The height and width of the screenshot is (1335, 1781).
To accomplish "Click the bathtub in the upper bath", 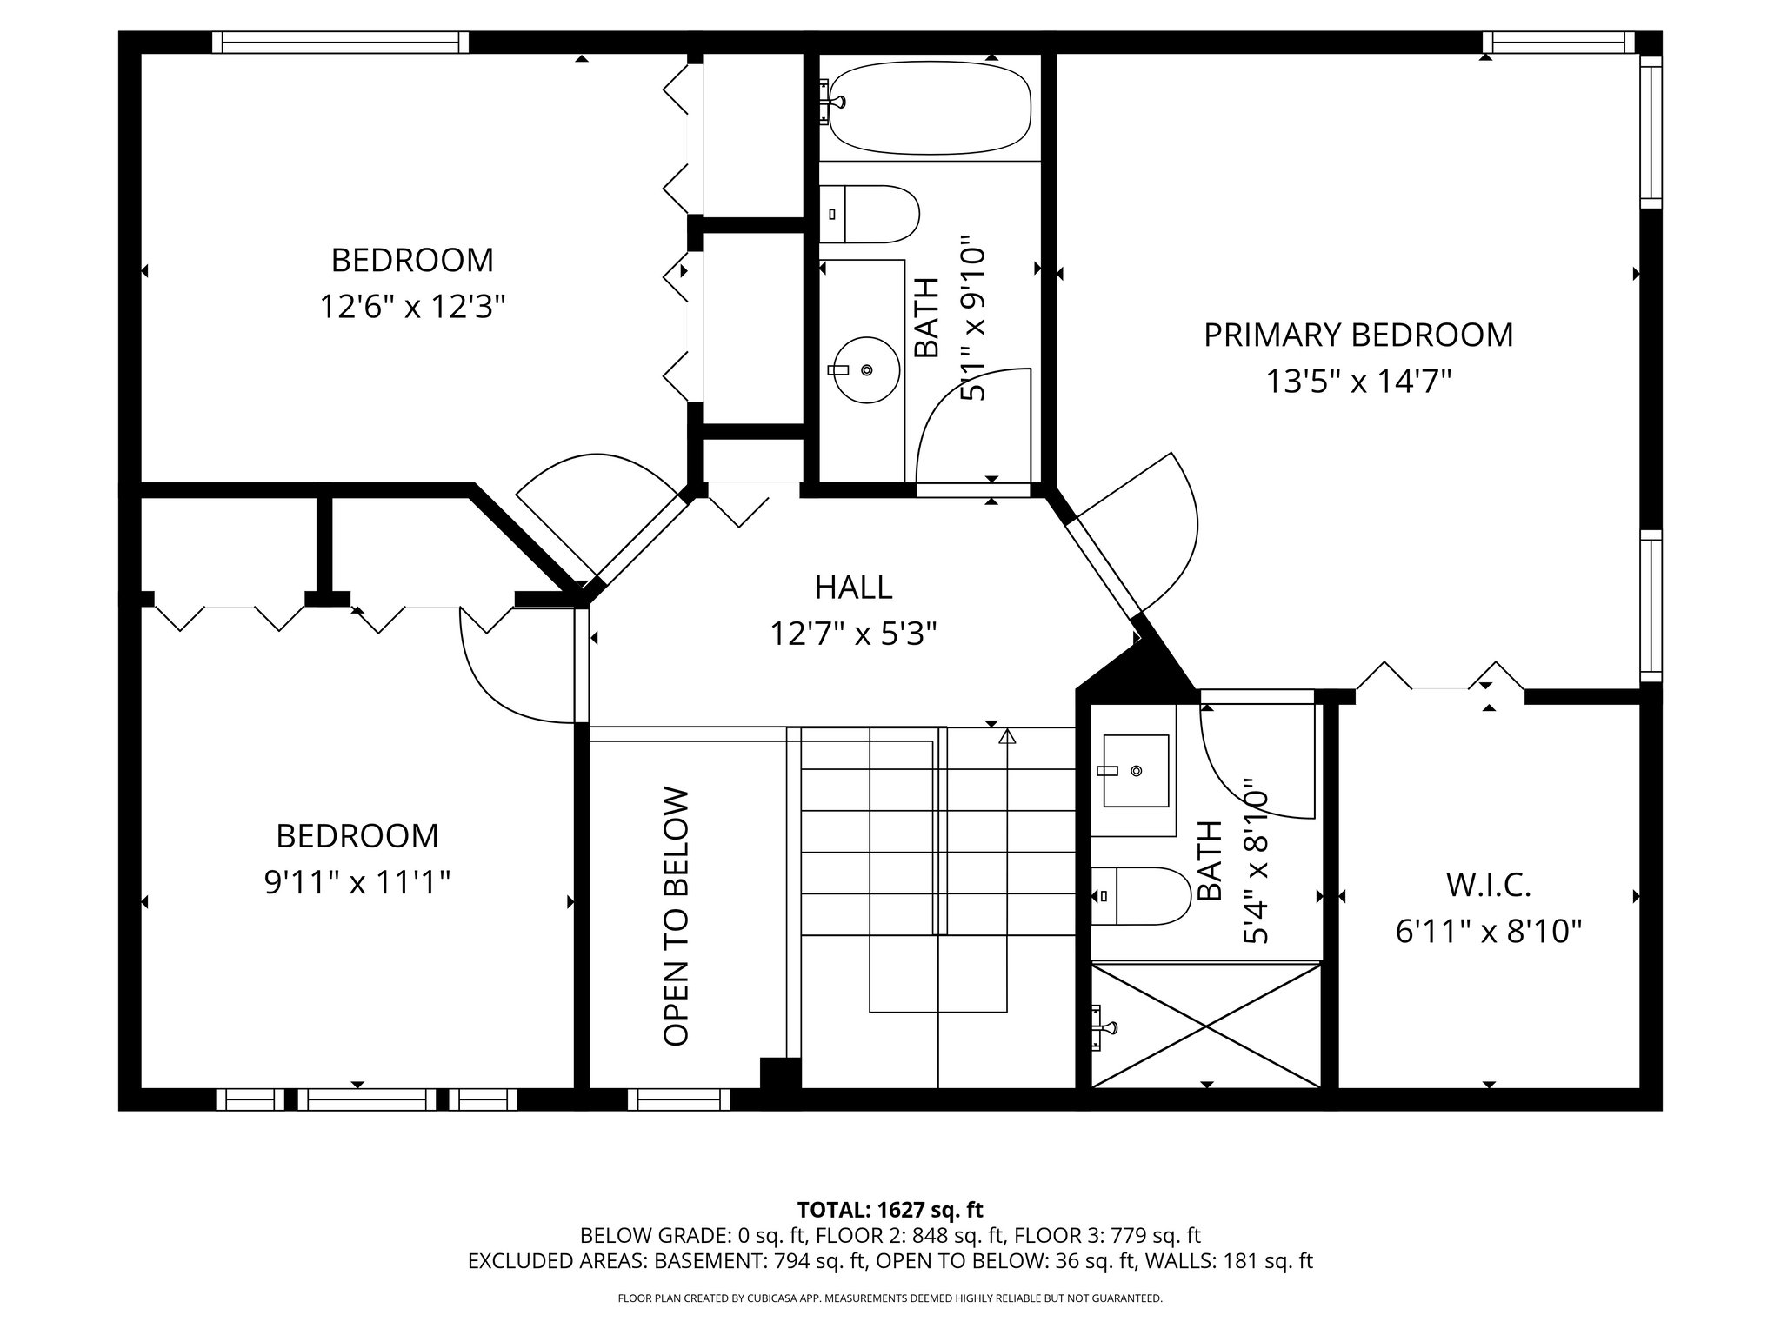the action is click(929, 107).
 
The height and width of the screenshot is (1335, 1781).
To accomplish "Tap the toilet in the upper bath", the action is click(869, 214).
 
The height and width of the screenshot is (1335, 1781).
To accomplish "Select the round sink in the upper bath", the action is click(864, 370).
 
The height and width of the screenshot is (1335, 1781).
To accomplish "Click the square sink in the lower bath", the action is click(1136, 771).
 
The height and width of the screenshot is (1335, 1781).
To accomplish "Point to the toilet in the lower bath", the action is click(1140, 896).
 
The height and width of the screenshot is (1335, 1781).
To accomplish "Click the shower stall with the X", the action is click(1206, 1024).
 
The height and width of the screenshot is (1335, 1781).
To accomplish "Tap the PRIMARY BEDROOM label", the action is click(1358, 335).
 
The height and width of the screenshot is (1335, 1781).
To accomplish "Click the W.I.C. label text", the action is click(1489, 886).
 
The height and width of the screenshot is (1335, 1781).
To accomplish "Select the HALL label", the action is click(853, 588).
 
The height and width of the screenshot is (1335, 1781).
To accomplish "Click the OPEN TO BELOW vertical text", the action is click(676, 916).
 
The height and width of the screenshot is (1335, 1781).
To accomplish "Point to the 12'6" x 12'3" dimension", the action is click(412, 306).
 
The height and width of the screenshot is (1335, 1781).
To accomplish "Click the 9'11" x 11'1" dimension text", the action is click(357, 882).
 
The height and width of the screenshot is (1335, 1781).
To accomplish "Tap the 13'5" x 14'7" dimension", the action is click(1358, 381).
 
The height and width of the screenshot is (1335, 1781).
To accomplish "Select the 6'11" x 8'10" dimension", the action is click(1489, 932).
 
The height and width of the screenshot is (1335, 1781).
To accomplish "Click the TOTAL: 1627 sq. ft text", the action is click(890, 1209).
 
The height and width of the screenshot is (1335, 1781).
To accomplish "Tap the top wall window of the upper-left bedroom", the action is click(340, 43).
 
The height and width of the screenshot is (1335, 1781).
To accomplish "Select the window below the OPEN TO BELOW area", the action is click(678, 1099).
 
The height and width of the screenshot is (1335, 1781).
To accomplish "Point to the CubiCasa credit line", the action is click(890, 1298).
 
